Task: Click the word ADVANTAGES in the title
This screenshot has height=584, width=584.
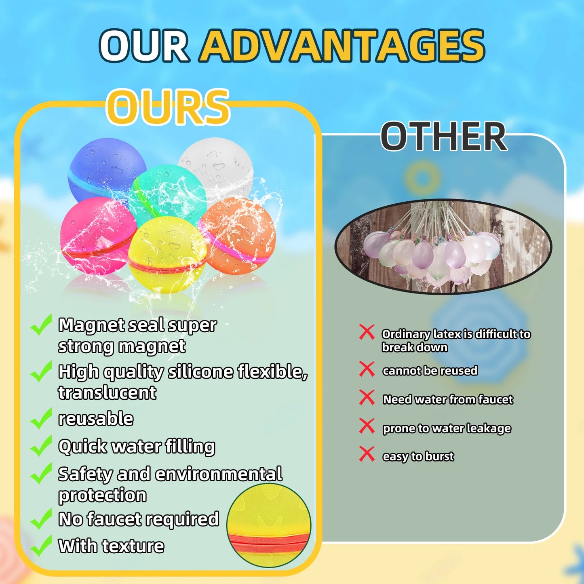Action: pyautogui.click(x=343, y=45)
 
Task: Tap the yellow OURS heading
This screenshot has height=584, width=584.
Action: pyautogui.click(x=168, y=107)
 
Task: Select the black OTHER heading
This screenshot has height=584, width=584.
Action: pyautogui.click(x=443, y=137)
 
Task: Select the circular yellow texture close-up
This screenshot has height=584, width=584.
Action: pyautogui.click(x=269, y=525)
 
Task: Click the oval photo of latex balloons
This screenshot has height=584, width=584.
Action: pyautogui.click(x=443, y=247)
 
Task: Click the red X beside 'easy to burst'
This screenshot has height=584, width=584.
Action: pyautogui.click(x=367, y=454)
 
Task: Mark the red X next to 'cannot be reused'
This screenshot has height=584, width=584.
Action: pyautogui.click(x=367, y=369)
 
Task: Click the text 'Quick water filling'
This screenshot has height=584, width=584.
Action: pyautogui.click(x=137, y=447)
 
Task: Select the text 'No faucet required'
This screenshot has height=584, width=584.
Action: pyautogui.click(x=139, y=519)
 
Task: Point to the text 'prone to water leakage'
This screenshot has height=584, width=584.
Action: pyautogui.click(x=447, y=428)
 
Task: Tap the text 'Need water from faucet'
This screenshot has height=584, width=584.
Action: pyautogui.click(x=448, y=399)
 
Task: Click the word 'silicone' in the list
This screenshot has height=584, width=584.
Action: pyautogui.click(x=200, y=372)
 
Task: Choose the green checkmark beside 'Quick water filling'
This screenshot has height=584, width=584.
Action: pyautogui.click(x=41, y=446)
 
